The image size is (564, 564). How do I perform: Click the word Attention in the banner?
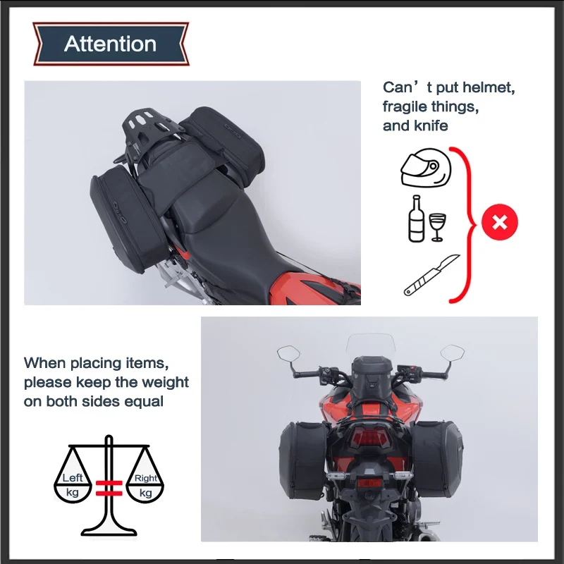point(110,44)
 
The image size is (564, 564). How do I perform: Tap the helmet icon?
point(425,166)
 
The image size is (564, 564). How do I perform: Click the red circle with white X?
point(500,223)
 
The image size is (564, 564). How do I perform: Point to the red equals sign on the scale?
point(109,486)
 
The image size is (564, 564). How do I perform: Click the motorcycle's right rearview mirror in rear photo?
point(451,350)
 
